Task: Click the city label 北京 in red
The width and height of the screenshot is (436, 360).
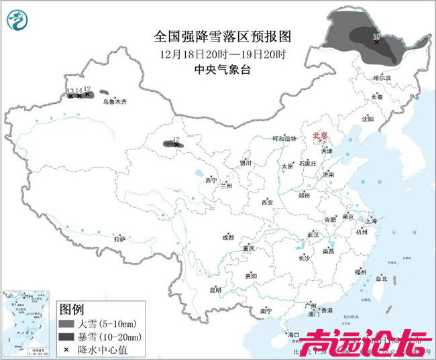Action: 321,136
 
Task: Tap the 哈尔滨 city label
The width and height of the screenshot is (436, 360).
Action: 381,78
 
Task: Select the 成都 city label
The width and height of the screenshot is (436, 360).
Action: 228,237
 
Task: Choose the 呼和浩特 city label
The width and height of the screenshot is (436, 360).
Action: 283,138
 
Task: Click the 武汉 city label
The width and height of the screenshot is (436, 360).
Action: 313,235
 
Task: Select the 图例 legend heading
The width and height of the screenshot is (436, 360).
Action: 72,309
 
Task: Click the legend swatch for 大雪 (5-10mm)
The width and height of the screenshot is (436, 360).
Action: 66,324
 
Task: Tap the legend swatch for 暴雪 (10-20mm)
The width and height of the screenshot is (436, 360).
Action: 66,336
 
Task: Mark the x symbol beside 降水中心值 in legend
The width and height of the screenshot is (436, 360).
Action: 66,349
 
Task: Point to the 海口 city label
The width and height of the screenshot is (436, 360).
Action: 293,334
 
